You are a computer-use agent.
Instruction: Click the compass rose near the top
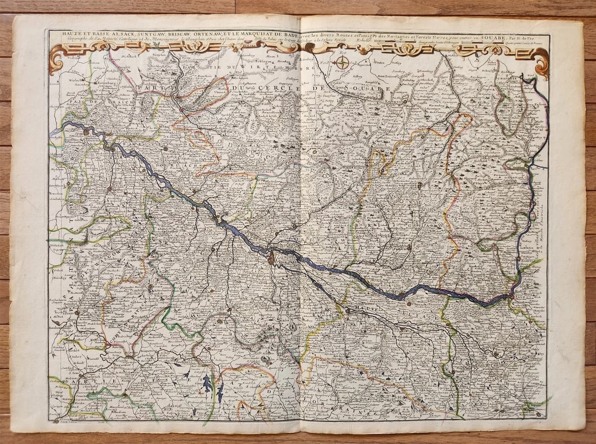pyautogui.click(x=342, y=63)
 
